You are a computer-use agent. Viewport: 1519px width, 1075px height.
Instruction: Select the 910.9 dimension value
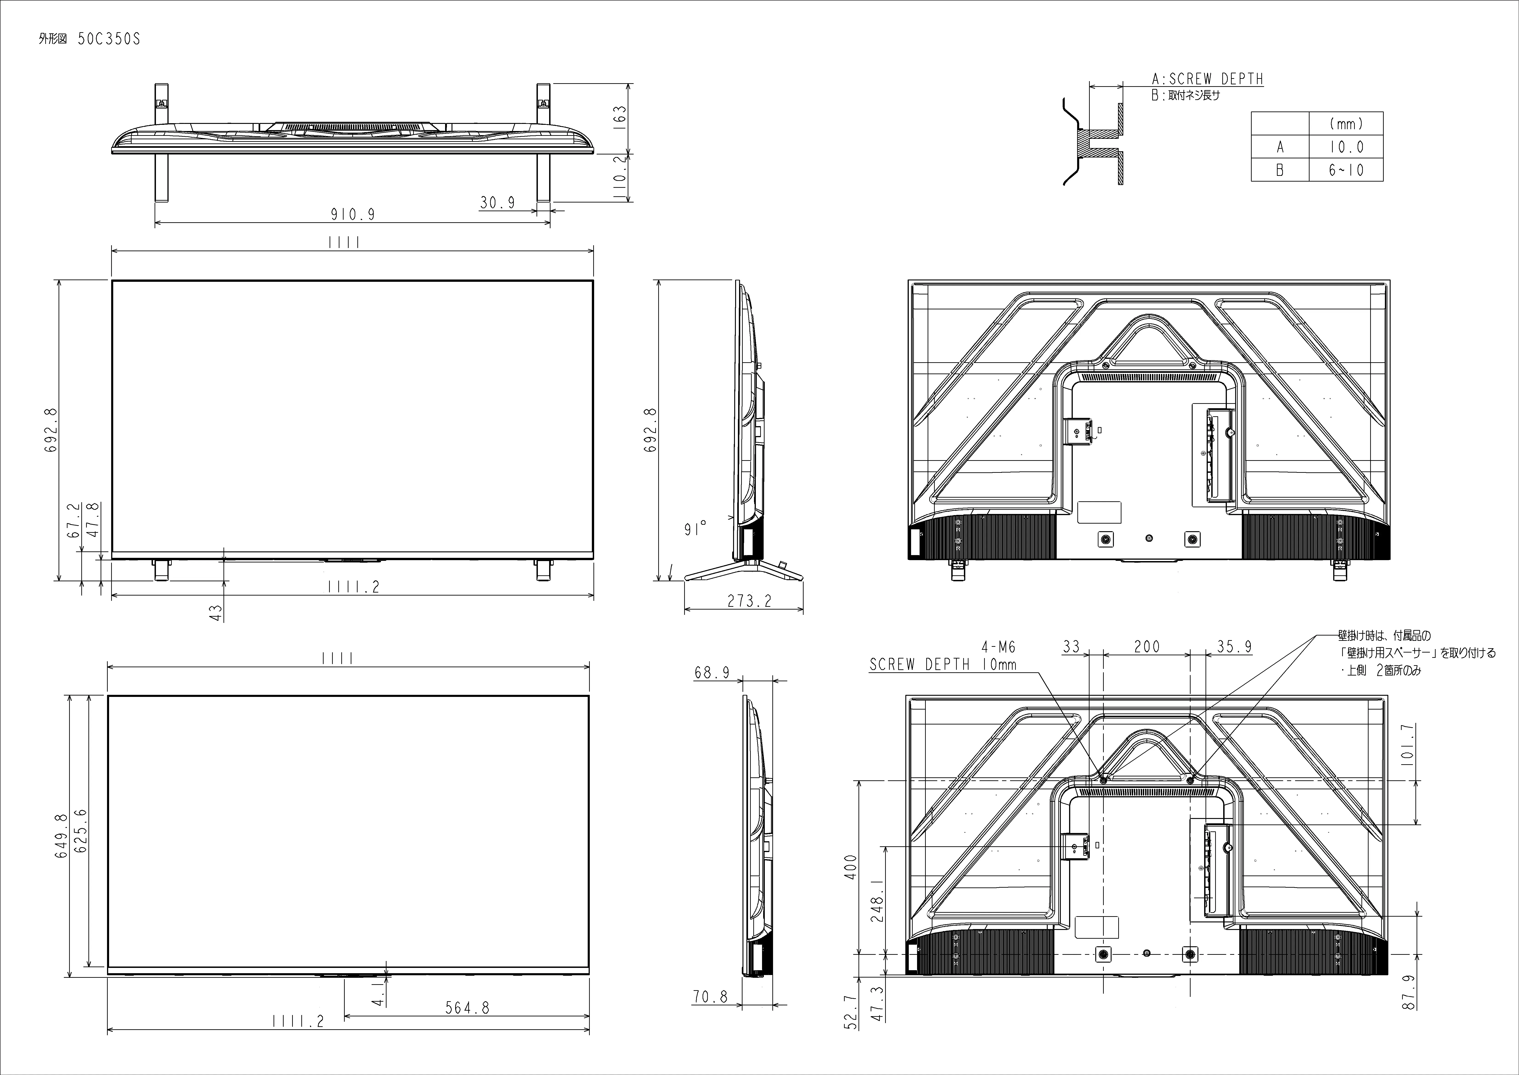point(353,214)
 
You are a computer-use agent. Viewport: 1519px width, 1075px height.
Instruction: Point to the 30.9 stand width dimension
point(497,202)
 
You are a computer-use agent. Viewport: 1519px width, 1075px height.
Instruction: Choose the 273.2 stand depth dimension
point(750,601)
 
